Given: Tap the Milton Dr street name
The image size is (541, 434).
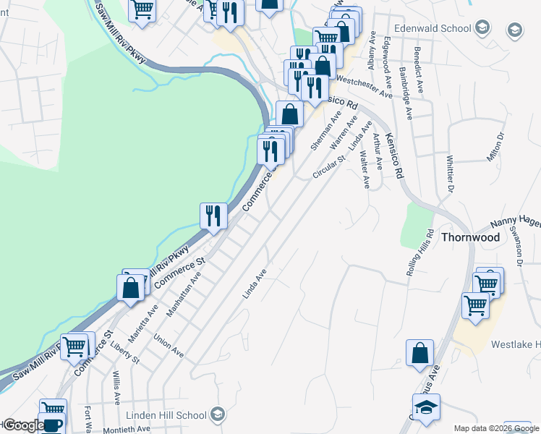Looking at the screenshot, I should (x=495, y=148).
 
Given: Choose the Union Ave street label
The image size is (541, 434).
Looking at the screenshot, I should (x=169, y=344).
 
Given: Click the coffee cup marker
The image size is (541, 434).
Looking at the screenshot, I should (x=52, y=425).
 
